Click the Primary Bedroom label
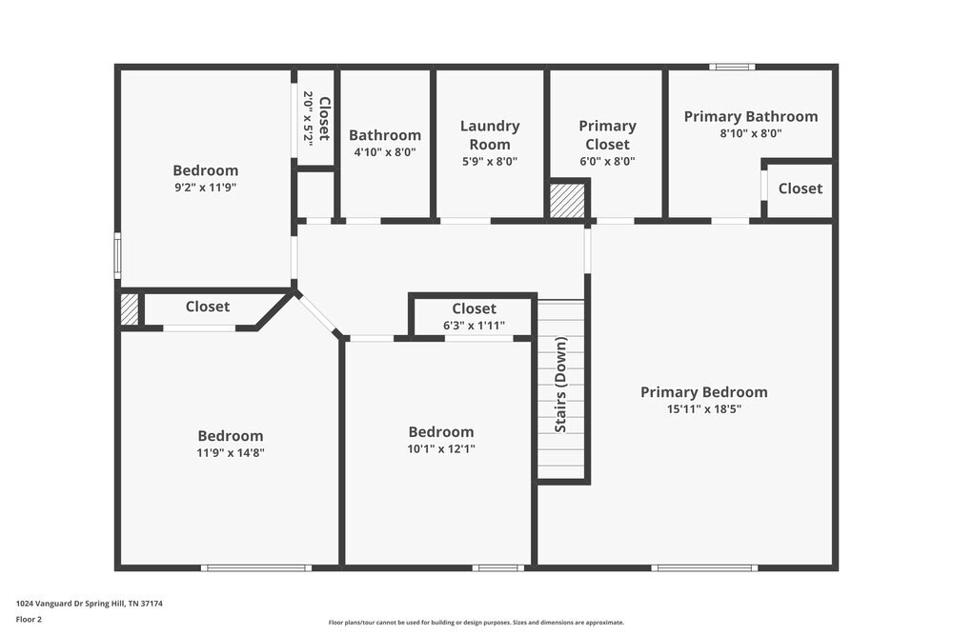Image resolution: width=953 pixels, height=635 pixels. [703, 392]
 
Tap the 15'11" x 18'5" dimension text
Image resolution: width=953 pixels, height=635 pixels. [703, 409]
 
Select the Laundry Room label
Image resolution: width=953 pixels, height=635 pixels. [490, 135]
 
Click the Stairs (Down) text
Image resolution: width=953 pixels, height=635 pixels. [561, 385]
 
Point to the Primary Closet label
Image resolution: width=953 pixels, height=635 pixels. [607, 135]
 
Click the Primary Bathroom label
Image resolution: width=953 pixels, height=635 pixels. [751, 116]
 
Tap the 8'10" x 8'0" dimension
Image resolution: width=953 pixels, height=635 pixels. [751, 134]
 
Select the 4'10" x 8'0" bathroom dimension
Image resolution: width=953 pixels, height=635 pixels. [385, 152]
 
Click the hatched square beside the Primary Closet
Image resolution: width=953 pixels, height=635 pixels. [567, 201]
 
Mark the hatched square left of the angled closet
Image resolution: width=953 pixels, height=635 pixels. [130, 308]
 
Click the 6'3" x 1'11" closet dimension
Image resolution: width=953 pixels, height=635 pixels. [474, 326]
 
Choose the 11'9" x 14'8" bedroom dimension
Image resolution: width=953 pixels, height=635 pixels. [231, 453]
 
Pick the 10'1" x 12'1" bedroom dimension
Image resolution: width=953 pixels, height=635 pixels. [441, 449]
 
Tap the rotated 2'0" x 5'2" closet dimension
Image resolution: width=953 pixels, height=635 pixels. [308, 118]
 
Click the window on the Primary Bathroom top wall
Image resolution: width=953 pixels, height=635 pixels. [732, 67]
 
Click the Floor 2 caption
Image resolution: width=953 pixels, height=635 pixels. [29, 619]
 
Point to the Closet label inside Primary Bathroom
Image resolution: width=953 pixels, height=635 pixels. [800, 189]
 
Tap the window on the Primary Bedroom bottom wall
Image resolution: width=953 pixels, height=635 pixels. [704, 568]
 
